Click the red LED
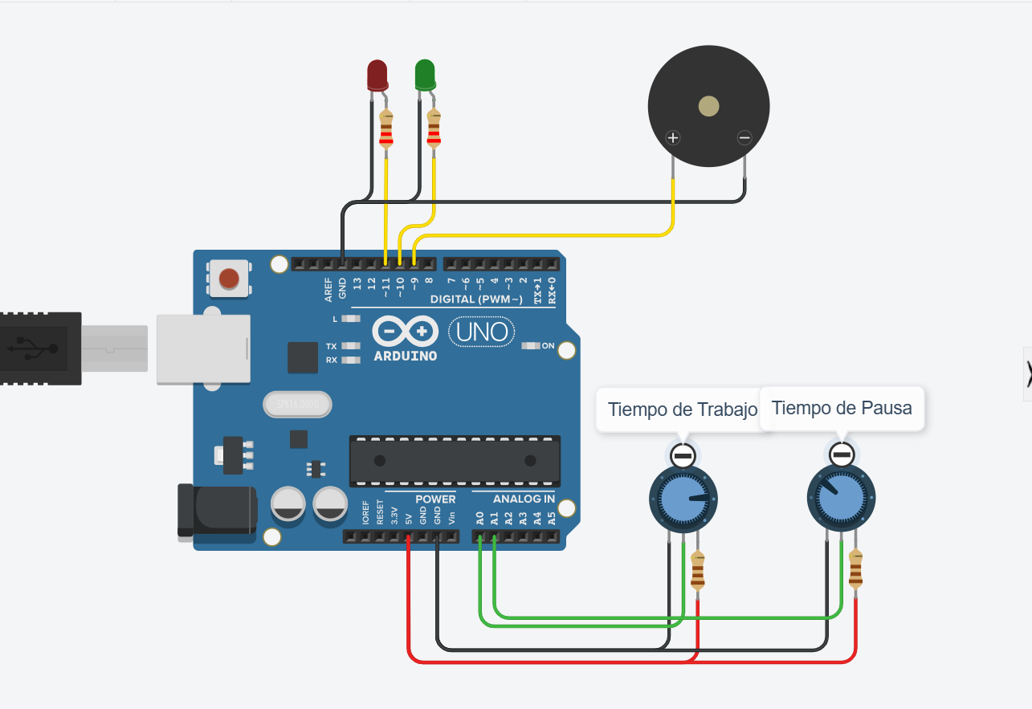(x=377, y=75)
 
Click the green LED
(x=425, y=75)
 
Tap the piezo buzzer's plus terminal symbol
(x=673, y=137)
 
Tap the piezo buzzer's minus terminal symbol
(x=744, y=137)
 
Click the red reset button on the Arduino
(x=229, y=279)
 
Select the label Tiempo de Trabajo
(x=683, y=410)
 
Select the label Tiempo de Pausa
(x=842, y=408)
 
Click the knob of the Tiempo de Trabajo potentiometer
(x=682, y=499)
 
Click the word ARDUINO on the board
(x=406, y=355)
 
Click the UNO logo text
(x=480, y=332)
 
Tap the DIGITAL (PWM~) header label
(x=476, y=299)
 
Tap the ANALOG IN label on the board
(x=524, y=499)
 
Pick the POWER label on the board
(x=435, y=499)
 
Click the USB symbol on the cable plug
(x=33, y=348)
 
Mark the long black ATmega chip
(x=455, y=461)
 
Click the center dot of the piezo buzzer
(x=709, y=106)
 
